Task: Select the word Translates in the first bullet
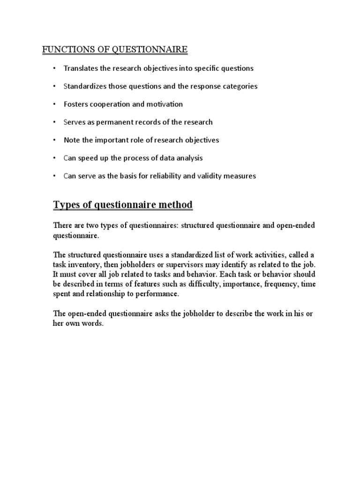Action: click(x=81, y=68)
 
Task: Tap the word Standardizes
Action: click(x=85, y=86)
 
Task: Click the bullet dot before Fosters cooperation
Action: click(x=54, y=104)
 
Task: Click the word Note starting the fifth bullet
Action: click(x=72, y=140)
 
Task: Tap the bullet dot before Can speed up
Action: click(x=54, y=158)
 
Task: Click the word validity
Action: click(x=218, y=176)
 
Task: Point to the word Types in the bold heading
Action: click(x=66, y=205)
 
